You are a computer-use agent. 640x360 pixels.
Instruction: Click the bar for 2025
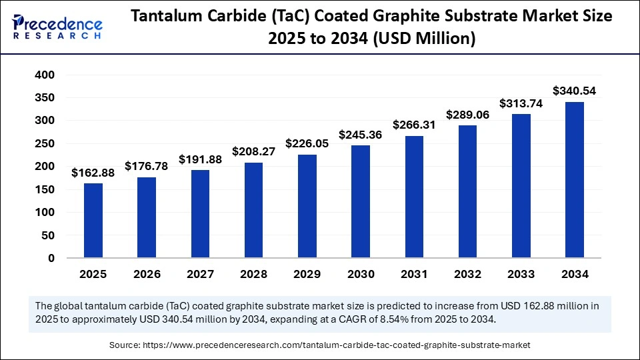pyautogui.click(x=93, y=221)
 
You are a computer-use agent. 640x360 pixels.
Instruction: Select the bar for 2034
pyautogui.click(x=575, y=180)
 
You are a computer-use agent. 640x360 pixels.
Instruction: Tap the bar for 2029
pyautogui.click(x=307, y=206)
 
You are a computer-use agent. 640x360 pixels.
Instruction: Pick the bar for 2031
pyautogui.click(x=414, y=197)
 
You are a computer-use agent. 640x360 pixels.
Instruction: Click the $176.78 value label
pyautogui.click(x=147, y=165)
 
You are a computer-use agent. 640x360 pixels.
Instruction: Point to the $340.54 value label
pyautogui.click(x=575, y=91)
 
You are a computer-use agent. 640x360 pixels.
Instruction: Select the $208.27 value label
pyautogui.click(x=254, y=151)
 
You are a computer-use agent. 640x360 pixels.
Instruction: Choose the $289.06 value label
pyautogui.click(x=467, y=114)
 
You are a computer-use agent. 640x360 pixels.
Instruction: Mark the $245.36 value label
pyautogui.click(x=361, y=134)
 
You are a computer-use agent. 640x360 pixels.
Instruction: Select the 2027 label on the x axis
pyautogui.click(x=200, y=274)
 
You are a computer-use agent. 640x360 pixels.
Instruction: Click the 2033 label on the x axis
pyautogui.click(x=521, y=274)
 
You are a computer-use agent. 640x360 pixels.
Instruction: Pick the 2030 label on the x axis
pyautogui.click(x=361, y=274)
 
